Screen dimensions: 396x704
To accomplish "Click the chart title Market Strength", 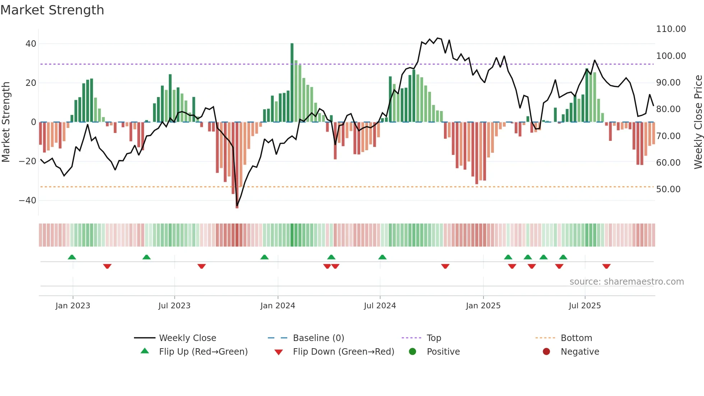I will (x=52, y=10).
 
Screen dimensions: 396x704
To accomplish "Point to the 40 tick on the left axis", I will (x=31, y=44).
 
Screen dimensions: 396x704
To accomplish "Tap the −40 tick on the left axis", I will (x=28, y=201).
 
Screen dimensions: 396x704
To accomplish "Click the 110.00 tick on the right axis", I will (x=671, y=29).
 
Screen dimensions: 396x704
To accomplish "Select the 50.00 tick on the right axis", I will (x=668, y=189).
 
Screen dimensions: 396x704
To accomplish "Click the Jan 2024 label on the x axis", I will (x=278, y=306).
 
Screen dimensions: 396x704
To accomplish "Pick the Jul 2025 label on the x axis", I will (x=584, y=306).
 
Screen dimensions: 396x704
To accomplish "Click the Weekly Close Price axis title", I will (x=698, y=122).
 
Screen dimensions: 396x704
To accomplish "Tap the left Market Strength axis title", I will (x=6, y=122).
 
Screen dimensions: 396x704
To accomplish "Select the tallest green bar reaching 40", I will (x=292, y=83).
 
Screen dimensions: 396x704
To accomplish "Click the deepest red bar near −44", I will (x=237, y=165).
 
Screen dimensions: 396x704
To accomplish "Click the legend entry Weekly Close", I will (x=187, y=338).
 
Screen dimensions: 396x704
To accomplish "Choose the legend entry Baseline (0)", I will (x=318, y=338).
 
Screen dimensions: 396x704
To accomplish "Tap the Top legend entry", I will (x=434, y=338).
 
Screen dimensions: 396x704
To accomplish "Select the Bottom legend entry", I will (x=576, y=338).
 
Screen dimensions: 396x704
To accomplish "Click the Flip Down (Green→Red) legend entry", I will (x=343, y=352).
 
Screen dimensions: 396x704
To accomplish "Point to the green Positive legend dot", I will (x=412, y=352).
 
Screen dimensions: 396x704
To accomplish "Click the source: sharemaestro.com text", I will (x=626, y=282).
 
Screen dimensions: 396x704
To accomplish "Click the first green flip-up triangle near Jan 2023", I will (x=72, y=257).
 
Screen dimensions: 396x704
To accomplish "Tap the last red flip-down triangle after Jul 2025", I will (x=606, y=266).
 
